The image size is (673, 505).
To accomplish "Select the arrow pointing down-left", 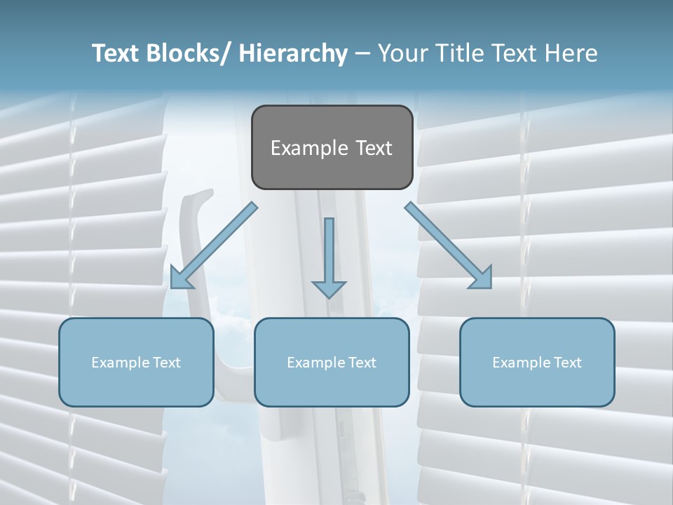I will pos(214,245).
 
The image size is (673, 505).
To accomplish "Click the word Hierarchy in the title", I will pos(294,53).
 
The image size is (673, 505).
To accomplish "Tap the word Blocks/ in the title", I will pos(189,53).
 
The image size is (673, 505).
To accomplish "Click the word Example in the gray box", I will pos(308,149).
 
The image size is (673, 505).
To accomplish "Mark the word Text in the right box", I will pos(566,363).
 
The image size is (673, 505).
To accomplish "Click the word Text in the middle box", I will pos(361,363).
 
